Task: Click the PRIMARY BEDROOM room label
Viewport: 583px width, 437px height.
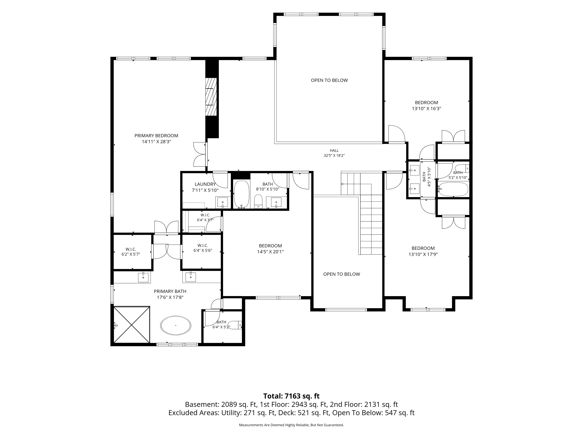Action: click(156, 136)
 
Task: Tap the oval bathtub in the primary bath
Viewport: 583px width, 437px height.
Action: click(176, 326)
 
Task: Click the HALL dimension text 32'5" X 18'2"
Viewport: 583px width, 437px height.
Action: click(334, 155)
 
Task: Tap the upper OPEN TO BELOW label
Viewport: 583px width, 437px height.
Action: click(329, 80)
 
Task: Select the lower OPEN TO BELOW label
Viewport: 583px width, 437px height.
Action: click(342, 274)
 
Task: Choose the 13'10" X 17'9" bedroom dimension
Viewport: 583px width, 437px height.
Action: click(423, 254)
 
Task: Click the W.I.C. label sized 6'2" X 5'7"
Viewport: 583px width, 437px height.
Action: click(131, 249)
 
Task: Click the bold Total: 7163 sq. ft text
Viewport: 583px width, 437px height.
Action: click(291, 403)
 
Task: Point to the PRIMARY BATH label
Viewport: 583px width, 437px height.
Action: click(170, 291)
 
